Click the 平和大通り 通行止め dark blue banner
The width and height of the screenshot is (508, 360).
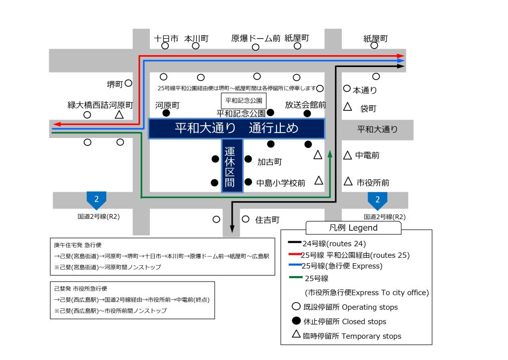point(237,129)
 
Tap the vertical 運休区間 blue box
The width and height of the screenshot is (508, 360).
point(232,166)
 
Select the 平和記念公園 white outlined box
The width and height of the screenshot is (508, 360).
point(244,101)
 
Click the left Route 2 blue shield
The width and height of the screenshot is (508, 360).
point(96,200)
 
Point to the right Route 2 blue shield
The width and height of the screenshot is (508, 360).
point(378,201)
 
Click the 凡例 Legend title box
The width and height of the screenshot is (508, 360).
point(353,228)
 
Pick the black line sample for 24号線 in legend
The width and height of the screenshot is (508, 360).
point(295,242)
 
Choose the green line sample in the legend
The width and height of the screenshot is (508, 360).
point(296,277)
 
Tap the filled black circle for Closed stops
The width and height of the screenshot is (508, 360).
point(296,321)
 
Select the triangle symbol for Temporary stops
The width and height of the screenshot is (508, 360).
point(296,334)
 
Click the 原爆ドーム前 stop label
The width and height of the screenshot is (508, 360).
point(255,39)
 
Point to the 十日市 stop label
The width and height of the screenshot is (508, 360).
point(166,39)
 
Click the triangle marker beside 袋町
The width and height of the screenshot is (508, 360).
point(347,107)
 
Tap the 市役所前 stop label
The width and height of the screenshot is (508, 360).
point(373,183)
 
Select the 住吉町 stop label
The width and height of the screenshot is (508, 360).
point(267,220)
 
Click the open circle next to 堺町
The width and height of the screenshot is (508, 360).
point(128,83)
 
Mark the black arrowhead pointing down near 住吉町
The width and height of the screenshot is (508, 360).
point(232,228)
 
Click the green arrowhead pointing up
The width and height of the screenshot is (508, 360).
point(330,154)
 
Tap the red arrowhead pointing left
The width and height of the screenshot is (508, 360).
point(58,124)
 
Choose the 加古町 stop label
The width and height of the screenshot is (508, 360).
point(269,162)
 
